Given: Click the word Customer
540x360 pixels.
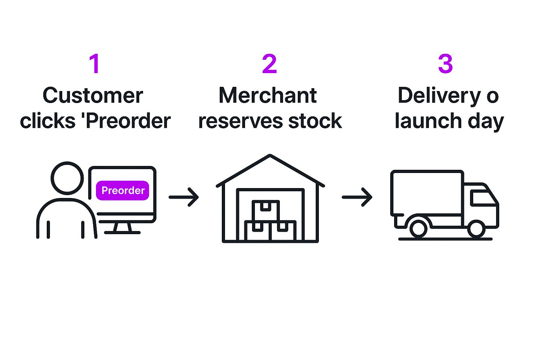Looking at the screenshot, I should point(93,95).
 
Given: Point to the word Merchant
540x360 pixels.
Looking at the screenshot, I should point(268,95).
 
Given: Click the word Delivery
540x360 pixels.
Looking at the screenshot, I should point(439,95).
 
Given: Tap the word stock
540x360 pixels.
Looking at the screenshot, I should point(315,121).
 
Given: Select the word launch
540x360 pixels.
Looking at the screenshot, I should point(428,121).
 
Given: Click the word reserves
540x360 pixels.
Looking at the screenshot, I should point(241,121).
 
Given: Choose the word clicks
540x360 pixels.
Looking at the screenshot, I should point(47,121).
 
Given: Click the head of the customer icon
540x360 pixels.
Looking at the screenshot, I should point(67,178).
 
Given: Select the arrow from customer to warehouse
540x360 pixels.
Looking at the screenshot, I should point(184,197).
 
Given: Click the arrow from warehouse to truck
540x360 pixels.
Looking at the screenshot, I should point(357,197).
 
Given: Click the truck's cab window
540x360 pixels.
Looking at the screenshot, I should point(482,198).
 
